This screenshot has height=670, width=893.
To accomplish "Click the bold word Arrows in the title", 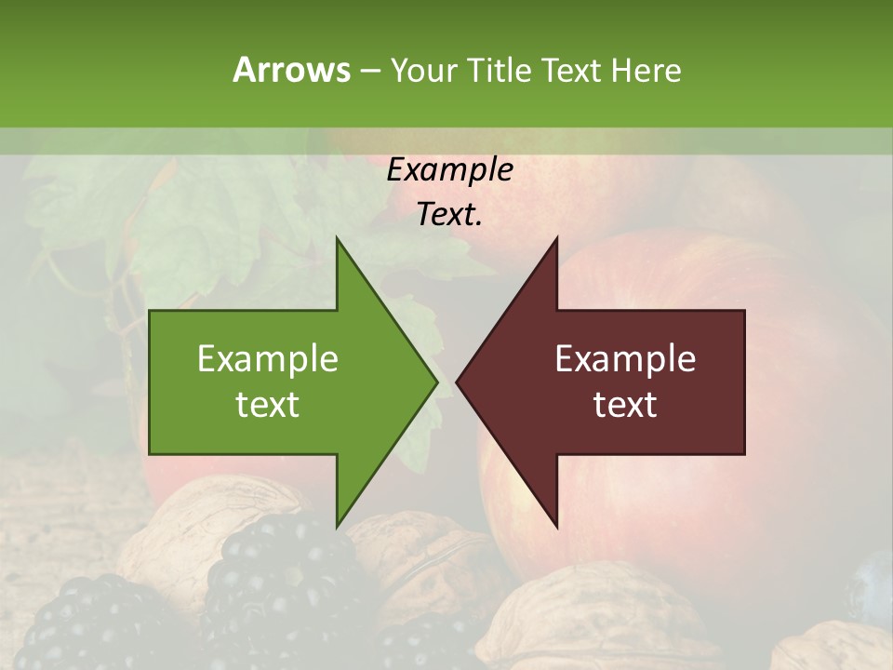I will coord(291,70).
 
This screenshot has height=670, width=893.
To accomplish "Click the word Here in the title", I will coord(646,70).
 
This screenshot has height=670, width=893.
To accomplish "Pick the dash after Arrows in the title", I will coord(369,71).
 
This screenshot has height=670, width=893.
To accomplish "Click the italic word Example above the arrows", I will coord(450,170).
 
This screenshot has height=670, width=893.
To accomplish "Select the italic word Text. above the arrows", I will coord(447,215).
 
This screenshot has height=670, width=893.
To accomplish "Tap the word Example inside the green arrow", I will coord(268,359).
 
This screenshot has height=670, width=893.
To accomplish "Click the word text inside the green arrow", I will coord(268,405).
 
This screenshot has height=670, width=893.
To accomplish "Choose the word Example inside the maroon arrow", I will coord(625,359).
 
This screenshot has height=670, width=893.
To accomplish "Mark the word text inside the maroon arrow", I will coord(625,405).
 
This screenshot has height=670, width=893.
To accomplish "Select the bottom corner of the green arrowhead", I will coord(338,526).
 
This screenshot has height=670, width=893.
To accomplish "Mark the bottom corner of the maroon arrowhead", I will coord(556,526).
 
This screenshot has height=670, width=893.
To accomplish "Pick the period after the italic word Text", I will coord(479,224).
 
